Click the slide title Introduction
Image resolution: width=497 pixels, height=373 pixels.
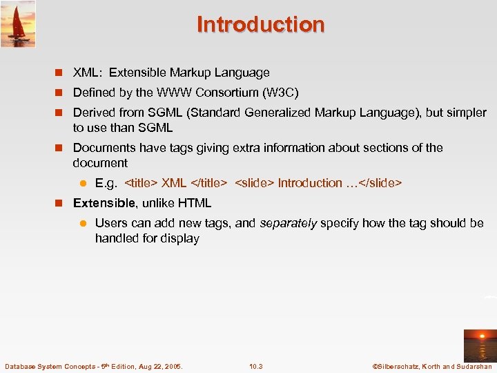260,24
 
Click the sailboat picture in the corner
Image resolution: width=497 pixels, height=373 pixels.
18,23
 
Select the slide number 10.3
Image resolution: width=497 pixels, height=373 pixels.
256,366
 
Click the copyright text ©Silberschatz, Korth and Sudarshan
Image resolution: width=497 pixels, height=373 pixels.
432,366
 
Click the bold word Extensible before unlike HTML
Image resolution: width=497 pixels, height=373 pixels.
104,203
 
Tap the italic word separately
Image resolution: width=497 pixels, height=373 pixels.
288,223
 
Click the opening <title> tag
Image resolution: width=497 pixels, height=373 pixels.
141,183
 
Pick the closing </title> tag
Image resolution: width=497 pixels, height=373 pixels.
208,183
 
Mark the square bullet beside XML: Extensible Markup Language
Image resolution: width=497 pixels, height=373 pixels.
59,73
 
